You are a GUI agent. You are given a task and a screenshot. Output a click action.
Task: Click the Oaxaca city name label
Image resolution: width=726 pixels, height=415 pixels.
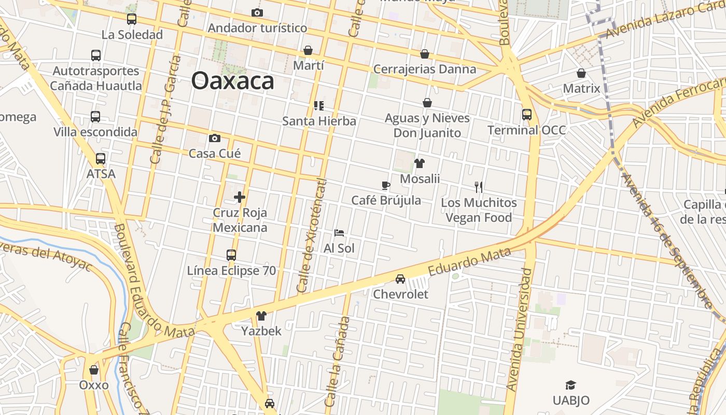pyautogui.click(x=232, y=81)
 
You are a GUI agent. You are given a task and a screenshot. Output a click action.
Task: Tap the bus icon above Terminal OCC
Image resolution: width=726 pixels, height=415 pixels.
pyautogui.click(x=527, y=114)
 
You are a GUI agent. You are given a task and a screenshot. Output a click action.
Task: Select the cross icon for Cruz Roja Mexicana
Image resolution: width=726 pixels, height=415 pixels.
pyautogui.click(x=240, y=197)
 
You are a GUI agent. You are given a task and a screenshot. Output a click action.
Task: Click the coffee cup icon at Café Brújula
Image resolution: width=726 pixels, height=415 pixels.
pyautogui.click(x=385, y=185)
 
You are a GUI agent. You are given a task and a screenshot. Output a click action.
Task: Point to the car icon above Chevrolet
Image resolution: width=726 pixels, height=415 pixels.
pyautogui.click(x=400, y=279)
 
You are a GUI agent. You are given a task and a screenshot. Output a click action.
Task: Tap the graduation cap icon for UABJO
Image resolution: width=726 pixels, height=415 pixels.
pyautogui.click(x=570, y=385)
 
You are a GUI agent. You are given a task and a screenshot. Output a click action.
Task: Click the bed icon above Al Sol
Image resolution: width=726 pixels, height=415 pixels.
pyautogui.click(x=339, y=233)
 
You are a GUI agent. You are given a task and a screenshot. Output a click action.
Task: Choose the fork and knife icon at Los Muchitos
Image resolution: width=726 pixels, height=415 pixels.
pyautogui.click(x=479, y=187)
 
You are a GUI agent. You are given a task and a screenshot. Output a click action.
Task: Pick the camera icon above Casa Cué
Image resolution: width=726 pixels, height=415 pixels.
pyautogui.click(x=215, y=138)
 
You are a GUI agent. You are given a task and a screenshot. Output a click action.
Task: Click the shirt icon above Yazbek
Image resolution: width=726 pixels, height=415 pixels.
pyautogui.click(x=261, y=315)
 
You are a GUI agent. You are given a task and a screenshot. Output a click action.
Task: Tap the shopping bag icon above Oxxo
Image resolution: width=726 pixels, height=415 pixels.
pyautogui.click(x=94, y=370)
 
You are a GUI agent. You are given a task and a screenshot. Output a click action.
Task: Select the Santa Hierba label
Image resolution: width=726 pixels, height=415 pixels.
pyautogui.click(x=319, y=121)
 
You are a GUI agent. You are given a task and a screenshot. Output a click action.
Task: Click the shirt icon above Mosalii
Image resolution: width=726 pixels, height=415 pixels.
pyautogui.click(x=420, y=163)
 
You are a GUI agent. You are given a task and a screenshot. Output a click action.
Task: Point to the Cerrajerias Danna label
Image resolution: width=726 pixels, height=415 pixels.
pyautogui.click(x=425, y=69)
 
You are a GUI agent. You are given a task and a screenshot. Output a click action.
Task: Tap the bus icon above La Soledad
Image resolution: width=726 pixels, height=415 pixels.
pyautogui.click(x=132, y=19)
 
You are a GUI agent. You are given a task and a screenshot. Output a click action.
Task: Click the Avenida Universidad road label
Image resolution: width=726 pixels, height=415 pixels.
pyautogui.click(x=520, y=329)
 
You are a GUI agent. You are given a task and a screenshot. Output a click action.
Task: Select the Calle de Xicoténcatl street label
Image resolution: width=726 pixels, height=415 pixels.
pyautogui.click(x=312, y=236)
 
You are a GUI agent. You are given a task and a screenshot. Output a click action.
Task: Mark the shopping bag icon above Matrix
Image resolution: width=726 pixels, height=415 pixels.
pyautogui.click(x=581, y=73)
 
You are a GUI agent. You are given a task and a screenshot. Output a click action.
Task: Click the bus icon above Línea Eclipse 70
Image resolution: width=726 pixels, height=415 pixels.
pyautogui.click(x=231, y=255)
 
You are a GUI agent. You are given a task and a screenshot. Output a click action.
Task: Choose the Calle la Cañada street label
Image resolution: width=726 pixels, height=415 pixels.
pyautogui.click(x=338, y=362)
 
